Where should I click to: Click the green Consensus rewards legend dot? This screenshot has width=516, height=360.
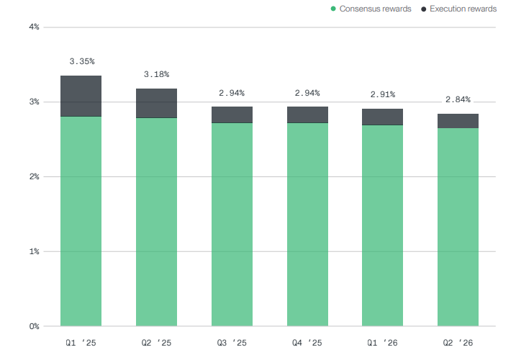point(333,9)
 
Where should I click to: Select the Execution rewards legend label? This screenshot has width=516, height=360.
point(463,9)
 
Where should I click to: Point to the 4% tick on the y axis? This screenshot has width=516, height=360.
point(34,27)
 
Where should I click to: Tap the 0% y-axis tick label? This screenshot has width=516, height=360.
point(34,326)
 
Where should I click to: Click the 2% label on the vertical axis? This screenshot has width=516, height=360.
point(34,176)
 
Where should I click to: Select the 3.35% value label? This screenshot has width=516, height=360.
point(82,61)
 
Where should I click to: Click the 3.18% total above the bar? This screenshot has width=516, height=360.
point(157,74)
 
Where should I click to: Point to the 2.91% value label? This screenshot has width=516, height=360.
point(383,94)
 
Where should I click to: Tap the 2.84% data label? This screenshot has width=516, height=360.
point(458,99)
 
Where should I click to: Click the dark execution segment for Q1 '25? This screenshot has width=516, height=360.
point(81,96)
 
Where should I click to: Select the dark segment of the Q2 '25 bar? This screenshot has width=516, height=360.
point(156,104)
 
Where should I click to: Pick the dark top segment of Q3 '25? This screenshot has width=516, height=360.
point(232,115)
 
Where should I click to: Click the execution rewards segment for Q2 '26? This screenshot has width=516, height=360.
point(458,121)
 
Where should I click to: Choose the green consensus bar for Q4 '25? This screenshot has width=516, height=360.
point(307,225)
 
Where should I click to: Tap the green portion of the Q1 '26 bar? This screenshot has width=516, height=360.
point(382,225)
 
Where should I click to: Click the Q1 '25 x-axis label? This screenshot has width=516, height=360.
point(81,343)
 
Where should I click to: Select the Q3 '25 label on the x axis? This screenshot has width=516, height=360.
point(232,343)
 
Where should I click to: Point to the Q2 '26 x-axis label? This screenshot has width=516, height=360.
point(458,343)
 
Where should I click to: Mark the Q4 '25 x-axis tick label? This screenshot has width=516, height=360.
point(307,343)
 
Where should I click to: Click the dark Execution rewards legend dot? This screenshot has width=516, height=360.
point(424,9)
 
